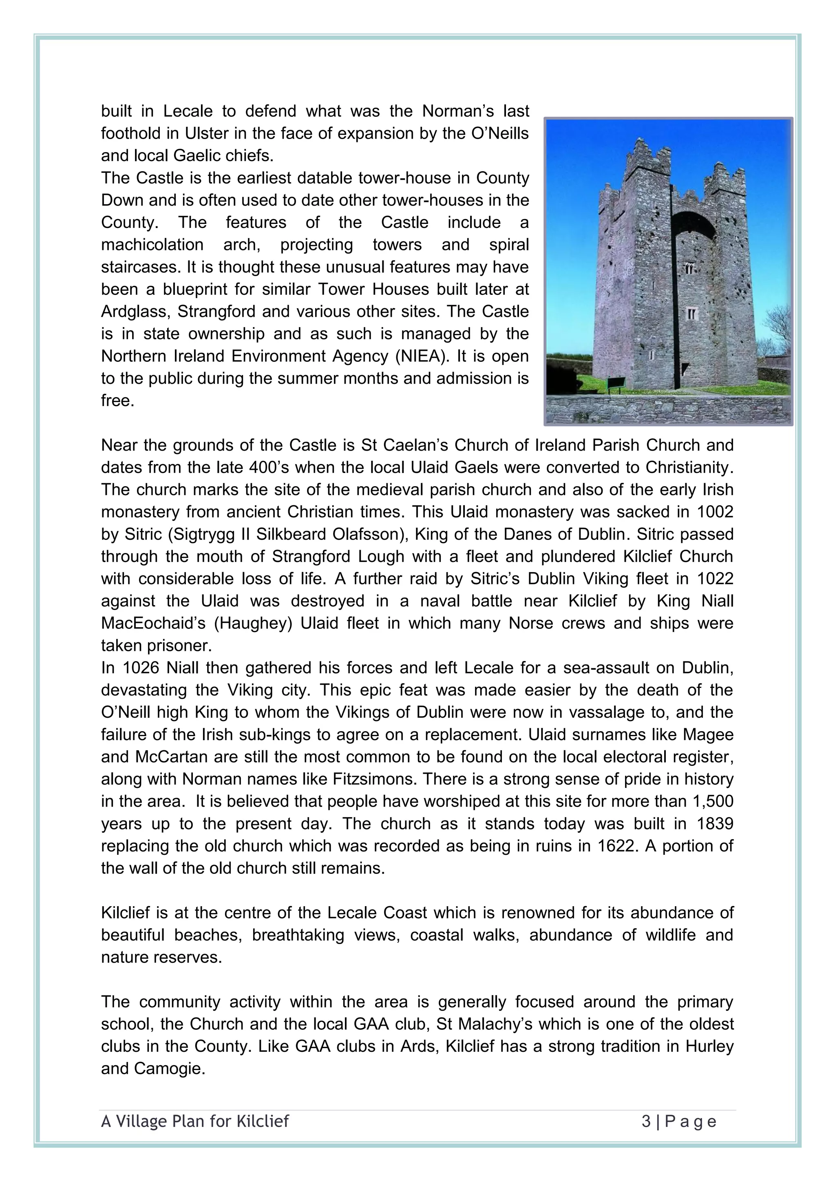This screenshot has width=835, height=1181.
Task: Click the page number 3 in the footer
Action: [x=646, y=1121]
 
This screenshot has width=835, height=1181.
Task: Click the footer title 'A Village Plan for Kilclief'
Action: [x=195, y=1121]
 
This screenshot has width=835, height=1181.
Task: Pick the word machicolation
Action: [x=152, y=245]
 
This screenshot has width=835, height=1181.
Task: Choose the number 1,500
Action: [x=713, y=801]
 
